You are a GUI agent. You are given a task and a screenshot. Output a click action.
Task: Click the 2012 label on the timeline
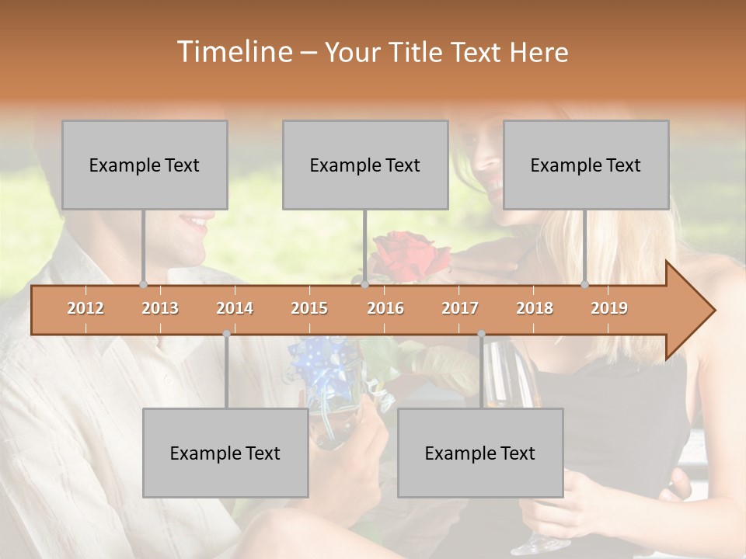click(85, 308)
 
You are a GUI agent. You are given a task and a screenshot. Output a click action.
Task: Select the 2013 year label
click(160, 308)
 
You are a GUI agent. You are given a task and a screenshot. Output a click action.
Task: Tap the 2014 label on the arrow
click(235, 308)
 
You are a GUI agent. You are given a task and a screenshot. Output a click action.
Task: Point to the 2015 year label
click(309, 308)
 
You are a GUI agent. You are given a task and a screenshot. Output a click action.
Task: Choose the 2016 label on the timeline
click(385, 308)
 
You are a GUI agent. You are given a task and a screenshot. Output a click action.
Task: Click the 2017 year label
click(460, 308)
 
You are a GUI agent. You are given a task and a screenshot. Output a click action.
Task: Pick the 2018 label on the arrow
click(535, 308)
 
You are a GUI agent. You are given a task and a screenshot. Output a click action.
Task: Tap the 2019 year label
click(609, 308)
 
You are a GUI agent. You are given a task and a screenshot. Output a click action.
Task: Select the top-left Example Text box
click(145, 165)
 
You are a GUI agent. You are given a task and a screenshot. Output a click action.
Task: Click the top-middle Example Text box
click(365, 165)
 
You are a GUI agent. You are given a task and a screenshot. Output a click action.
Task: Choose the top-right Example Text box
click(586, 165)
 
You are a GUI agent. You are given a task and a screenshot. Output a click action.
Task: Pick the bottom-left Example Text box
click(225, 453)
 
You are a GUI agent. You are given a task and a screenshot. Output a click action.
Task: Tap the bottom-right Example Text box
click(480, 453)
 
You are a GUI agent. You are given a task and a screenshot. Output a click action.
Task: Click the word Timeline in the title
click(233, 52)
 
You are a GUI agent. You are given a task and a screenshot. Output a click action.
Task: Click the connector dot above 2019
click(585, 285)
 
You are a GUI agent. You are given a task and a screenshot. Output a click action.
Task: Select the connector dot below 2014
click(226, 334)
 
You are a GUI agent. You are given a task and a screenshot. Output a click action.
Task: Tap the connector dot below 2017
click(481, 334)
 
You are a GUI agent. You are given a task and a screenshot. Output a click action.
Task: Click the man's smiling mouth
click(194, 226)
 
